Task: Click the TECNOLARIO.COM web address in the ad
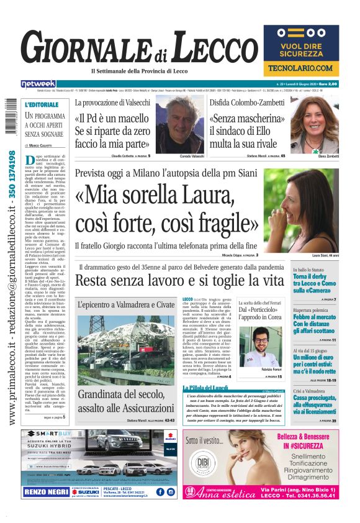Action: (301, 68)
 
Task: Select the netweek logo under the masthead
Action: (38, 84)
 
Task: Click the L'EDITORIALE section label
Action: (42, 104)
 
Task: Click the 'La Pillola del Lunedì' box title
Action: (204, 388)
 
